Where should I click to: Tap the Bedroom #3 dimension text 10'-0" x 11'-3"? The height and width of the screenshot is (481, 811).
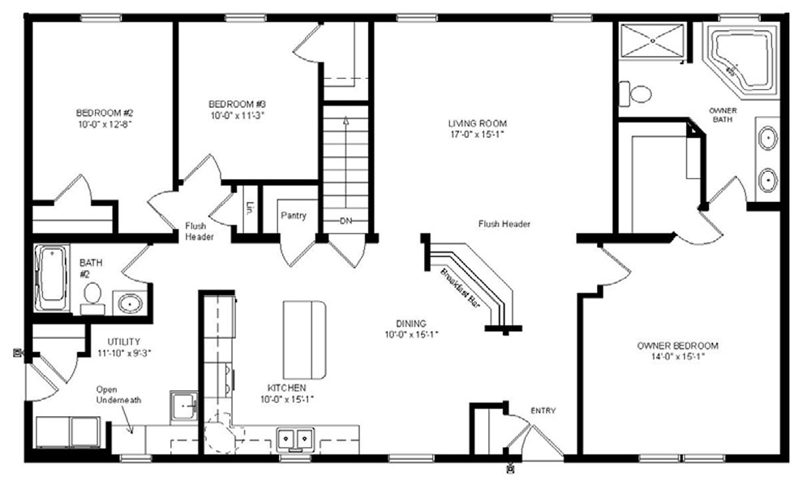click(x=238, y=116)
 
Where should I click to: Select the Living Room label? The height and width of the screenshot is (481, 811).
click(x=478, y=123)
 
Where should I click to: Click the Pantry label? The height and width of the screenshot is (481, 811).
click(x=294, y=215)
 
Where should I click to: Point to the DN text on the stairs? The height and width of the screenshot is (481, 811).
click(x=346, y=221)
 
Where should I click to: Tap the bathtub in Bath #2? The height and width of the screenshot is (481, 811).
click(x=52, y=278)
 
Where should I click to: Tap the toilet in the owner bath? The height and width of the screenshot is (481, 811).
click(x=636, y=94)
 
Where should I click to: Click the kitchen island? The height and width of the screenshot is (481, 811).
click(x=305, y=340)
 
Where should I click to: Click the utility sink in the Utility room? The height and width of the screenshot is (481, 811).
click(x=183, y=406)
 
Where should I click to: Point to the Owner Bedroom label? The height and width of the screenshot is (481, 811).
click(x=677, y=346)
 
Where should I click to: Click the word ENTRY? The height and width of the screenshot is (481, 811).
click(x=543, y=410)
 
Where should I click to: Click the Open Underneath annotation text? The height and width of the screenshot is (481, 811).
click(x=118, y=395)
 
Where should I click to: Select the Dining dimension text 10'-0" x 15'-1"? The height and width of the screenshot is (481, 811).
click(x=412, y=334)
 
